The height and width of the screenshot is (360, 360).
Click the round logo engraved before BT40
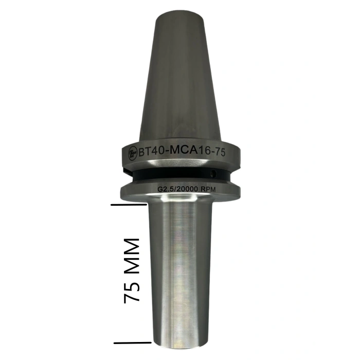click(130, 153)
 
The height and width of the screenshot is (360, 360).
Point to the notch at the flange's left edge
click(124, 169)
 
